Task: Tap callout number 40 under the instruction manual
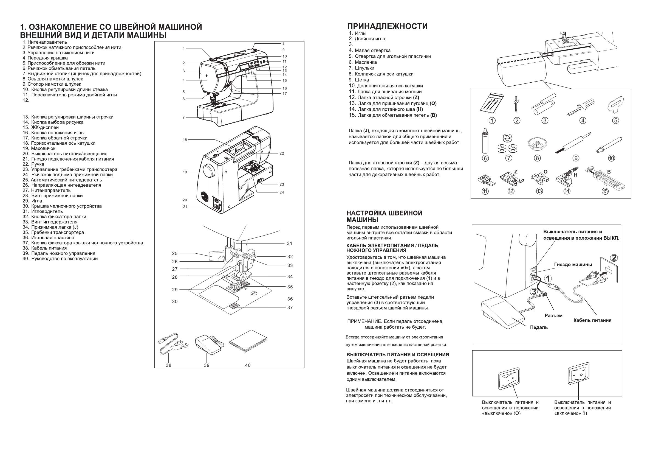click(x=248, y=365)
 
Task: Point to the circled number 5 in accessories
click(x=615, y=121)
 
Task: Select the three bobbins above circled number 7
click(x=507, y=144)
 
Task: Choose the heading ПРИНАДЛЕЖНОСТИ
click(x=387, y=26)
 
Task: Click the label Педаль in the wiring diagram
click(x=539, y=328)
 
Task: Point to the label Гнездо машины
click(x=573, y=265)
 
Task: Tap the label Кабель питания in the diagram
click(x=592, y=320)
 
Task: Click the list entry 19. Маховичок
click(x=39, y=148)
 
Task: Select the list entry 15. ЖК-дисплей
click(x=41, y=127)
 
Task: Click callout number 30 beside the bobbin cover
click(x=175, y=301)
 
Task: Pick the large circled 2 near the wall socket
click(x=614, y=258)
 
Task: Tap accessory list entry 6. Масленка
click(x=363, y=62)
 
